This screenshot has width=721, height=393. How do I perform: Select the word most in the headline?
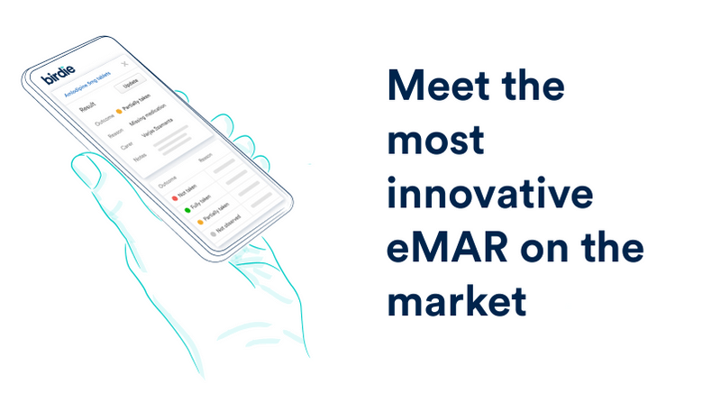[435, 142]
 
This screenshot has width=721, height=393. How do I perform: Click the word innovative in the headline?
[489, 195]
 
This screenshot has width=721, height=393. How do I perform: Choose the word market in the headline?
[456, 301]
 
